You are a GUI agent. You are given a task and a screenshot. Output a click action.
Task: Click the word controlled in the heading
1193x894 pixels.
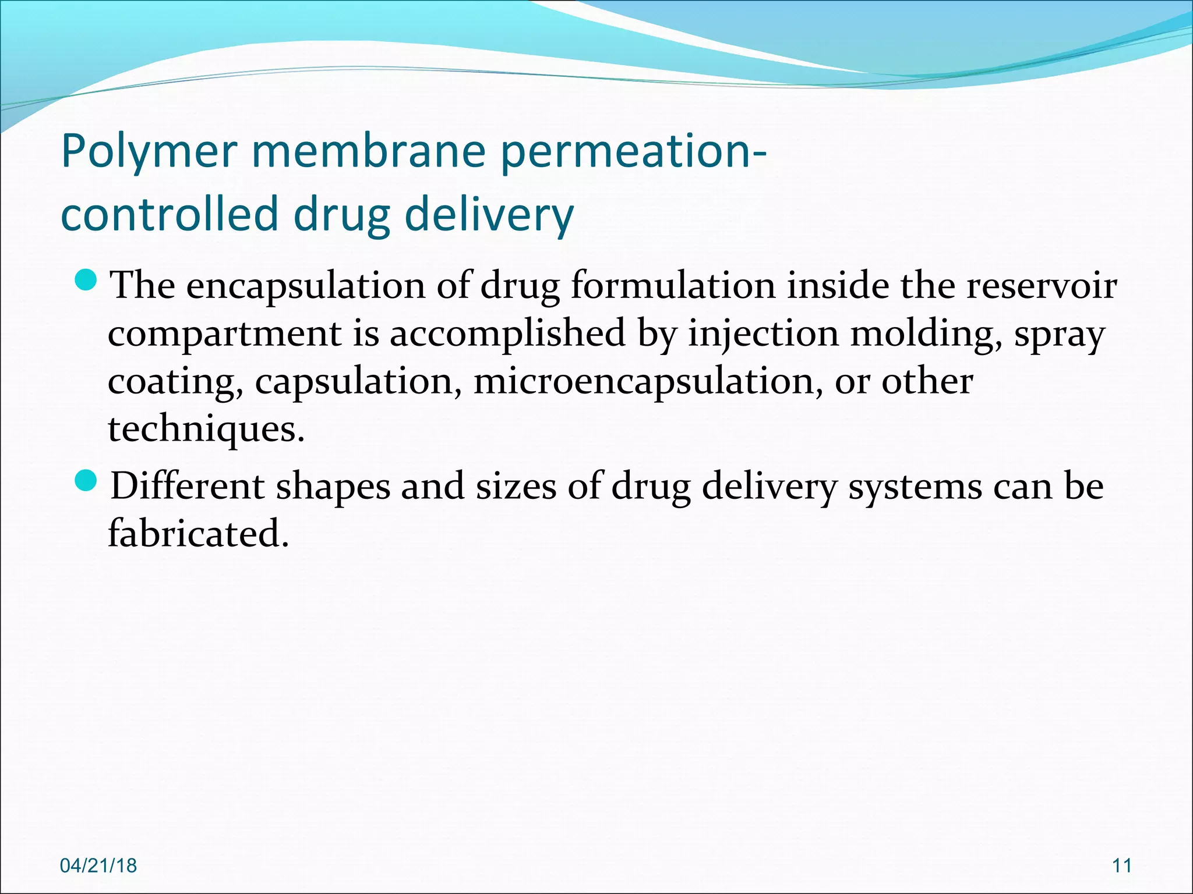point(169,214)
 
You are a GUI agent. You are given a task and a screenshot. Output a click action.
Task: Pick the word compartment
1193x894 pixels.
point(225,334)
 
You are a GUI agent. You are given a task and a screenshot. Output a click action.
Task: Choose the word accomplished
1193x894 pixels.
point(507,334)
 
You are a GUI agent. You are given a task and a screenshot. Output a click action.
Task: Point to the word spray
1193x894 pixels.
point(1060,335)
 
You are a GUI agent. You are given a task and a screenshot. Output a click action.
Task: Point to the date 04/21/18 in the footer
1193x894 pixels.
point(98,865)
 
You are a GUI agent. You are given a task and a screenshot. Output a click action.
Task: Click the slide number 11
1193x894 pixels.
point(1122,865)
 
